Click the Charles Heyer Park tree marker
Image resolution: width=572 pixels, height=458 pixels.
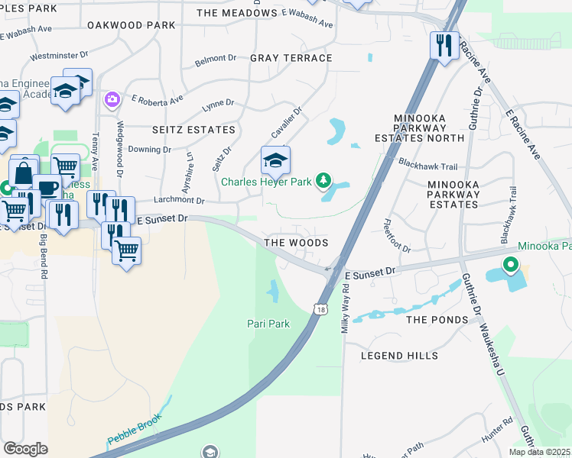pos(323,180)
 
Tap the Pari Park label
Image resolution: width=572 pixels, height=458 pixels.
pos(268,324)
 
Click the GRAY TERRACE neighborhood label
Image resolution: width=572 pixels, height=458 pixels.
pos(291,58)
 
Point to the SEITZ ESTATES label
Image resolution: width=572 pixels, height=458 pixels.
pos(193,131)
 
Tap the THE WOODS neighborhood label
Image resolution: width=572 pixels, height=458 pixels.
pos(296,243)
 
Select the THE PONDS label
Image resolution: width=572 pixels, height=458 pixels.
pos(437,320)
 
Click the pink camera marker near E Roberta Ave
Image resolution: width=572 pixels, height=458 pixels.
pos(112,99)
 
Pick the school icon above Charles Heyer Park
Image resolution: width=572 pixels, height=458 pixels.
pos(275,160)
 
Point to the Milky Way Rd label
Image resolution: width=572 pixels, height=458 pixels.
pos(346,306)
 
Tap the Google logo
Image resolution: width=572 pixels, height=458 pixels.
pos(25,449)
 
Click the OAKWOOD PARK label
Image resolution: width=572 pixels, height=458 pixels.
pos(132,25)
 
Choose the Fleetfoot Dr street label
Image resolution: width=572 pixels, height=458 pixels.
pos(396,236)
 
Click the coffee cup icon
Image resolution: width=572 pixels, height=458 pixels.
pos(47,187)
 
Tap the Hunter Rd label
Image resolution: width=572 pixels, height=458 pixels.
pos(497,427)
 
